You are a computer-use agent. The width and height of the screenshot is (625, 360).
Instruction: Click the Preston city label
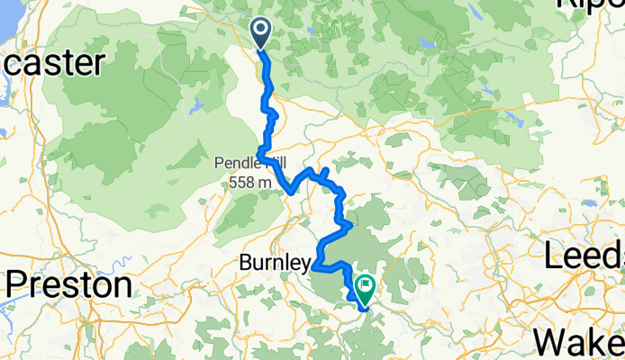(69, 285)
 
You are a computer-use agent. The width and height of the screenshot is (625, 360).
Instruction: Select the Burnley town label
(275, 263)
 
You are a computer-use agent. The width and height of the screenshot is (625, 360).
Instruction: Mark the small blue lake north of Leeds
(513, 117)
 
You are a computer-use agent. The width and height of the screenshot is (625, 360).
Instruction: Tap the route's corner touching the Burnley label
(314, 266)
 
